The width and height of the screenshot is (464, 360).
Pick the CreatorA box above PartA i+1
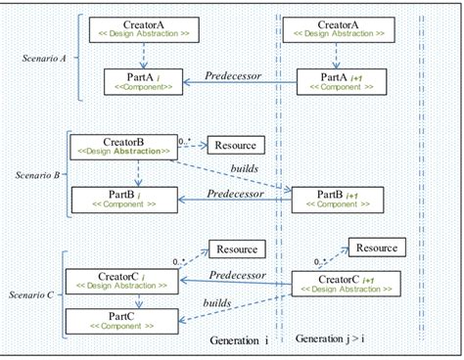click(x=339, y=30)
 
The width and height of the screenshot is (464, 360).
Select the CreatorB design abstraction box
click(x=118, y=147)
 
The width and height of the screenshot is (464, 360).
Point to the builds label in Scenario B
click(x=245, y=168)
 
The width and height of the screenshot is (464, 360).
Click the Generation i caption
click(x=239, y=339)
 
